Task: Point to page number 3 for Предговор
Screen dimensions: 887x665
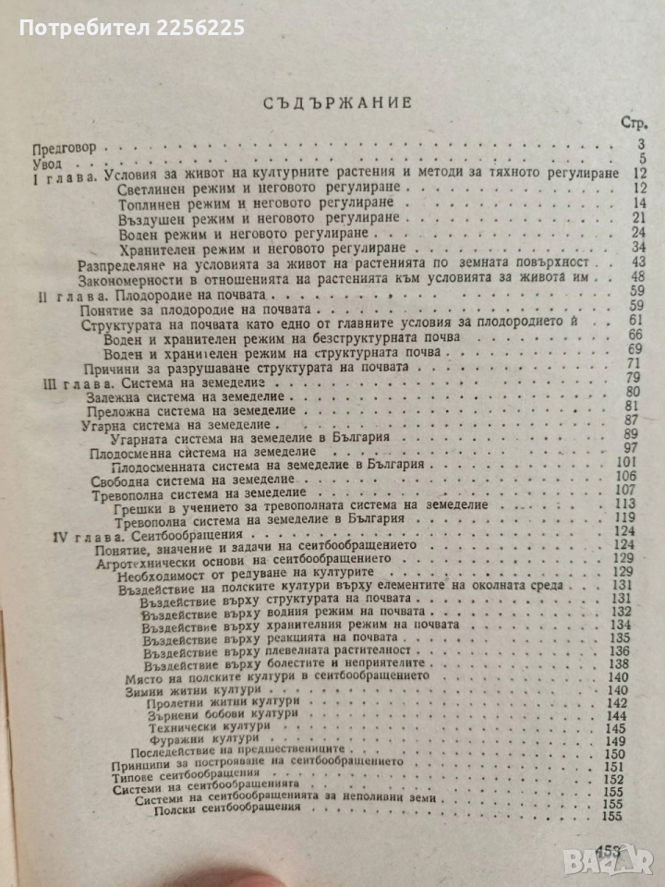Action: tap(639, 145)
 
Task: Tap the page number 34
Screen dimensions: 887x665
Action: tap(635, 248)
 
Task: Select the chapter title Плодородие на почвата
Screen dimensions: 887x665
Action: tap(197, 292)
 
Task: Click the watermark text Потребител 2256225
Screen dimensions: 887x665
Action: tap(131, 28)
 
